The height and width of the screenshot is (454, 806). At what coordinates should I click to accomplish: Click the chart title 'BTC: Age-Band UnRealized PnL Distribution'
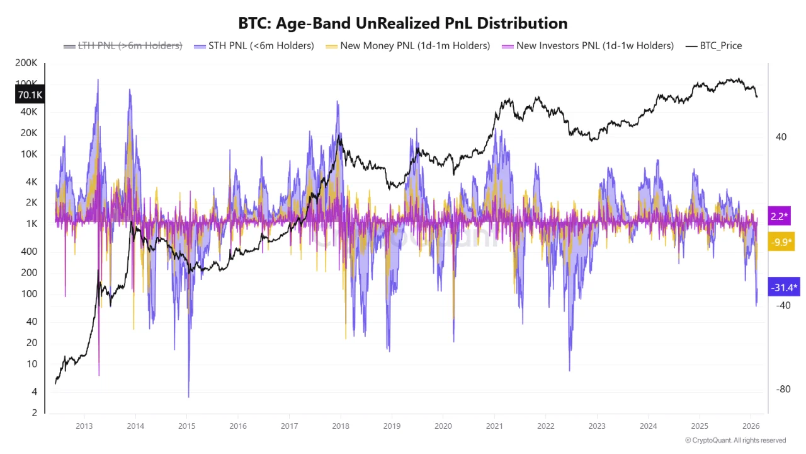403,23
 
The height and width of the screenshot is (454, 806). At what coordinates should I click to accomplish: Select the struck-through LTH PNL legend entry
123,45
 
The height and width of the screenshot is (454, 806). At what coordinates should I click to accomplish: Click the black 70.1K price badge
30,95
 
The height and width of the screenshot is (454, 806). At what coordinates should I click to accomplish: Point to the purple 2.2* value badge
780,216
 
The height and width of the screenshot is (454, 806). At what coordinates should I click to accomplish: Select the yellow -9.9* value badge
781,242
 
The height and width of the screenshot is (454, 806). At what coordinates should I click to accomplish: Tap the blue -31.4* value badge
784,288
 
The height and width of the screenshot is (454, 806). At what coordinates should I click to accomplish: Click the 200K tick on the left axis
26,64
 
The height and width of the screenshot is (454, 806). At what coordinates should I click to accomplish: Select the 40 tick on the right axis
781,137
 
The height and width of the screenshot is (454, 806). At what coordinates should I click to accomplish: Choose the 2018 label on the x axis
340,426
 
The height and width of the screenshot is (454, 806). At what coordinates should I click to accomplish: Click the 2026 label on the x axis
749,426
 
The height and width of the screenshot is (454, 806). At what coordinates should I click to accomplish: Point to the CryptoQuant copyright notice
735,440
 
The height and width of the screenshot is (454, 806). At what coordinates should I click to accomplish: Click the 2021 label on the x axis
494,426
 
